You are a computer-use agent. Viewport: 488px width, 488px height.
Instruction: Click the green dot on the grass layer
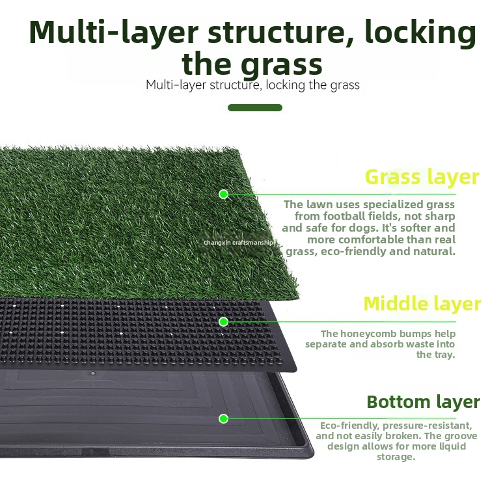tap(223, 195)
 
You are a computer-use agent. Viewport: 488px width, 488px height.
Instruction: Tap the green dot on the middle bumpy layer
tap(223, 322)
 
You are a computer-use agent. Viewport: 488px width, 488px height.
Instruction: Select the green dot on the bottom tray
tap(223, 418)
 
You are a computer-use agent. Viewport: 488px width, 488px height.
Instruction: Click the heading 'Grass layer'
tap(422, 178)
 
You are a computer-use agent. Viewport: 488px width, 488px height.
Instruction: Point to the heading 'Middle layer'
tap(422, 304)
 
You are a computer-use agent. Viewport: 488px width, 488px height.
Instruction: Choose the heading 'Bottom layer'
tap(424, 402)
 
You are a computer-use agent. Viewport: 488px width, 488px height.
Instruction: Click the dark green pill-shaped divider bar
tap(255, 107)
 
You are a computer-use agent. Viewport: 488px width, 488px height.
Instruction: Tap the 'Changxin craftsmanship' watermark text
tap(238, 243)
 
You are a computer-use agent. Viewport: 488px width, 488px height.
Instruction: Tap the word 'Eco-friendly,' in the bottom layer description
tap(349, 426)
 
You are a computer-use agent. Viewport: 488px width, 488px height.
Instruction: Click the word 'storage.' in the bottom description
tap(396, 457)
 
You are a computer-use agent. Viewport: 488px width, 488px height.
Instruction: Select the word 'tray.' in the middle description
tap(436, 355)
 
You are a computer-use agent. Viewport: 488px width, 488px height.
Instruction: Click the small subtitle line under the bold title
tap(252, 85)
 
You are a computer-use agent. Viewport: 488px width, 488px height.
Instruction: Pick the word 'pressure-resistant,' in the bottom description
tap(427, 426)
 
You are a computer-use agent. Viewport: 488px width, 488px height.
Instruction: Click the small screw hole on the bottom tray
tap(93, 373)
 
